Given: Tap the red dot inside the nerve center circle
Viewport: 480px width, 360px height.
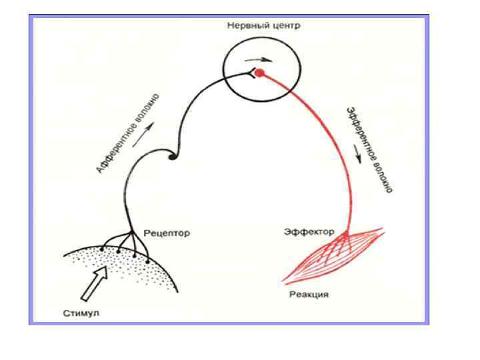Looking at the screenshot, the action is tap(260, 72).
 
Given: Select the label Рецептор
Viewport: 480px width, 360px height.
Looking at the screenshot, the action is tap(167, 233).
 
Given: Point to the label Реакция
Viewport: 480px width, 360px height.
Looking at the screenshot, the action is tap(309, 294).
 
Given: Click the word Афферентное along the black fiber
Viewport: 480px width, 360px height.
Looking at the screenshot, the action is tap(117, 150).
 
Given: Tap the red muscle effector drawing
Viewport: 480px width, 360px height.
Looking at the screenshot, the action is tap(333, 253).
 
